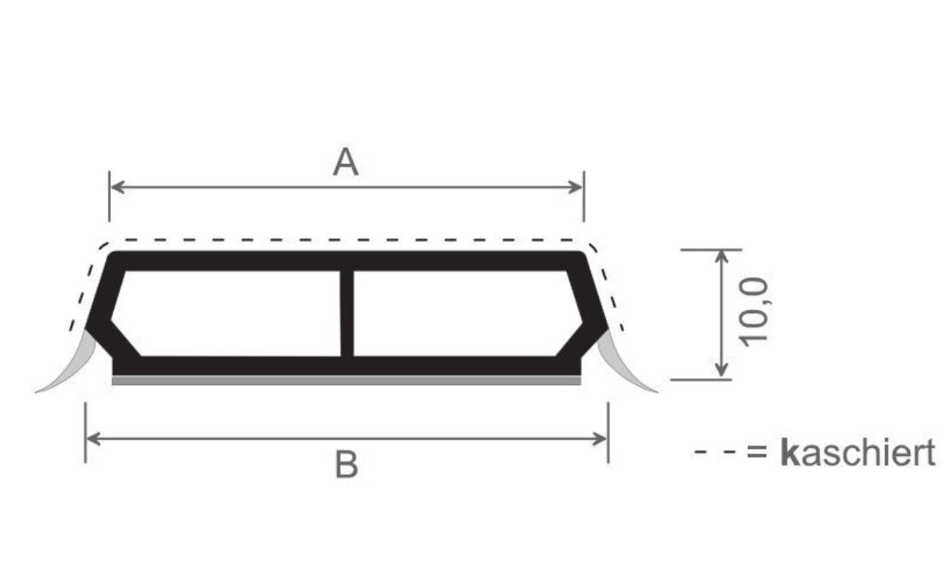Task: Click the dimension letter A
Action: coord(346,162)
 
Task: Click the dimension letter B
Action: coord(346,464)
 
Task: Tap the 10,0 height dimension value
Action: coord(754,312)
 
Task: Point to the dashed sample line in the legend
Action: coord(714,453)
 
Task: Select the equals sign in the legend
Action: coord(757,452)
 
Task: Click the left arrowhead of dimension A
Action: coord(117,186)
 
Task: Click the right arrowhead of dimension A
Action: coord(576,186)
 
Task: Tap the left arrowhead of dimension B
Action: coord(94,438)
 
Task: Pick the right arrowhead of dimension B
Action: coord(600,438)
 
